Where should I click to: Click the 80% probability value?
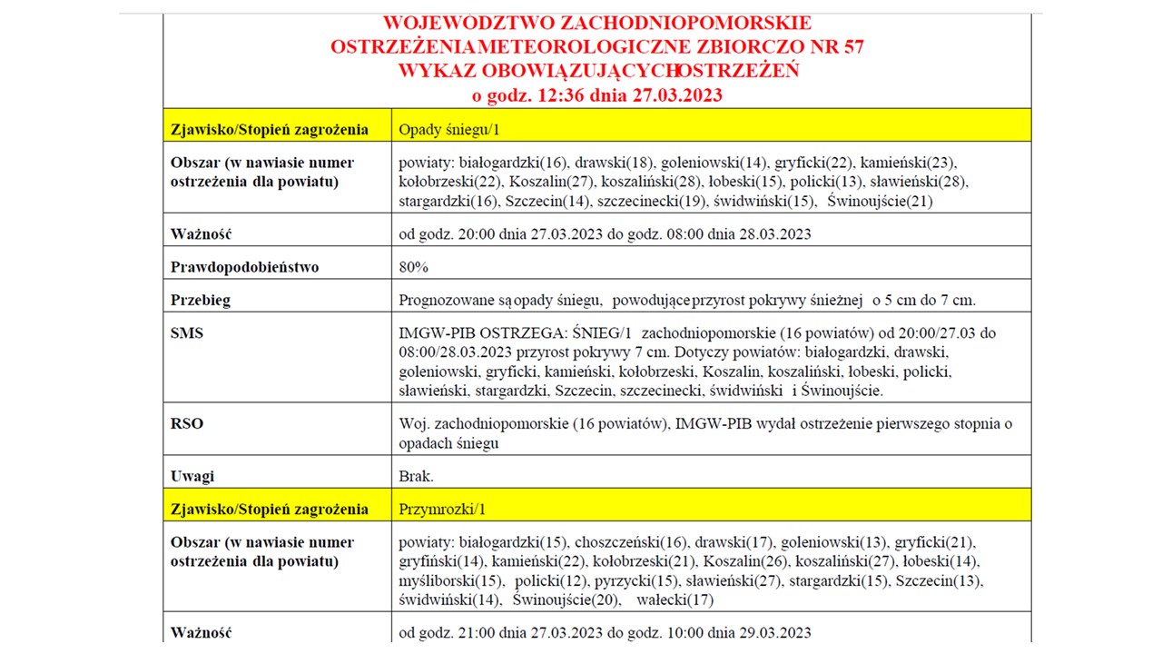click(x=414, y=267)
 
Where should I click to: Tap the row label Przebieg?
click(x=201, y=301)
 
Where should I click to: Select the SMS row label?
click(x=187, y=333)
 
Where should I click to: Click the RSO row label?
click(x=187, y=423)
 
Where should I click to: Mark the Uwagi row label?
click(x=192, y=476)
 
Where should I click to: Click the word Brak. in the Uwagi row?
click(x=417, y=476)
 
